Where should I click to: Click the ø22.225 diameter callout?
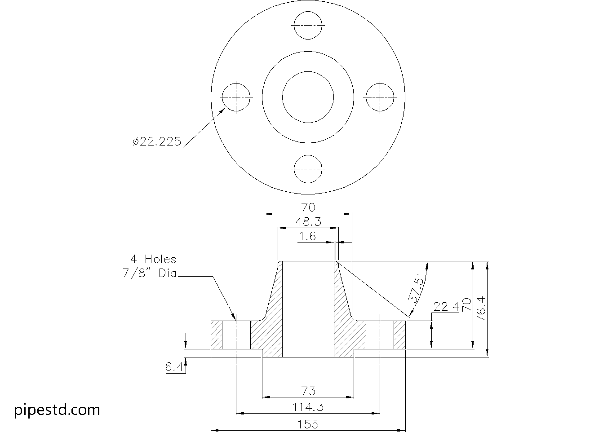click(x=157, y=142)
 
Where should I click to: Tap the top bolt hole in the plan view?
click(x=308, y=25)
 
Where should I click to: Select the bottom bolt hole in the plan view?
click(x=308, y=169)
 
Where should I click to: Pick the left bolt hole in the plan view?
click(x=236, y=97)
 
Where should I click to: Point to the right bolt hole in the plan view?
click(x=380, y=97)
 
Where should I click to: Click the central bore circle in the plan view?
click(x=308, y=97)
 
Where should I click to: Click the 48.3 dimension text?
click(x=308, y=222)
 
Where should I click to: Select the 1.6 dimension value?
click(x=308, y=236)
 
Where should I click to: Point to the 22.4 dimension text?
click(x=445, y=307)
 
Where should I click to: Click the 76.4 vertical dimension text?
click(x=482, y=308)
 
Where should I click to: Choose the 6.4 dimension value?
click(x=174, y=367)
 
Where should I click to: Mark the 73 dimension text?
click(x=308, y=391)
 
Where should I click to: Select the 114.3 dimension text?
click(x=308, y=407)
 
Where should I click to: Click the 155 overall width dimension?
click(x=308, y=424)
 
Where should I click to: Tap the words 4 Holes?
click(x=153, y=259)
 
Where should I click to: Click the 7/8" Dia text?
click(x=150, y=273)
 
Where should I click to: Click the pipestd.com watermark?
click(x=57, y=410)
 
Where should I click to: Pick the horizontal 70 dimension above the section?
click(x=308, y=207)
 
